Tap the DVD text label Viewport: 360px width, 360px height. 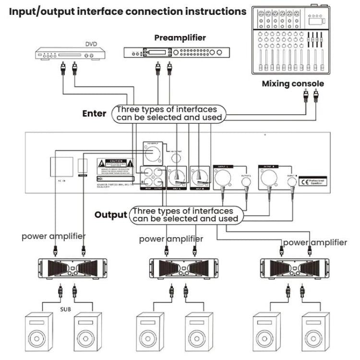pyautogui.click(x=92, y=44)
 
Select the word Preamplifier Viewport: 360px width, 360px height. pyautogui.click(x=180, y=37)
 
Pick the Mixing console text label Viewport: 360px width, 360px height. pyautogui.click(x=293, y=84)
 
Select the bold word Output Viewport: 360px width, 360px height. pyautogui.click(x=111, y=215)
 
